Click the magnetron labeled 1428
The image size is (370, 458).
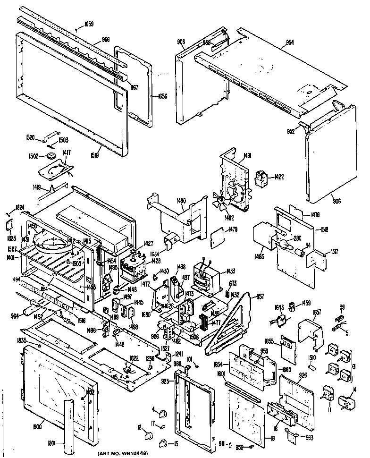pos(134,270)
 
